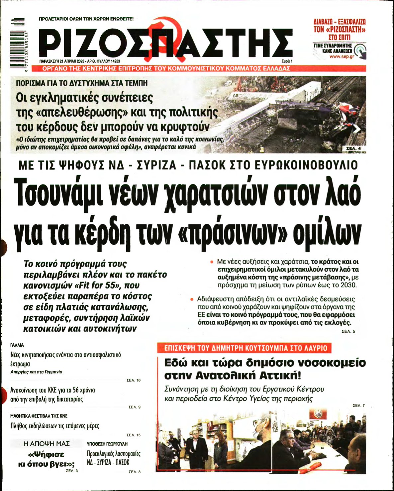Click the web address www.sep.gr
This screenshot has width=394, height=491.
[x=342, y=57]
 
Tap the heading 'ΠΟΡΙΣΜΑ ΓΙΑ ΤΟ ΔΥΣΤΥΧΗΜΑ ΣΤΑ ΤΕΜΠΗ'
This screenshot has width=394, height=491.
[x=81, y=83]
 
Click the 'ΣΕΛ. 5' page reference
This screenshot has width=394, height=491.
[x=348, y=331]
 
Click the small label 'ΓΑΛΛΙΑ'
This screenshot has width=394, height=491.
[x=17, y=345]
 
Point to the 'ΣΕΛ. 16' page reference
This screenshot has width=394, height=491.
[x=134, y=380]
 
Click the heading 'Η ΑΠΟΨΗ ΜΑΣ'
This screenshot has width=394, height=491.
[x=47, y=444]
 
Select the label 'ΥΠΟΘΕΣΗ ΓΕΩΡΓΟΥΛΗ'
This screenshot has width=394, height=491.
[x=107, y=444]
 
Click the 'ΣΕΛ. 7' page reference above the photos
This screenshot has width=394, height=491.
[x=358, y=406]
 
